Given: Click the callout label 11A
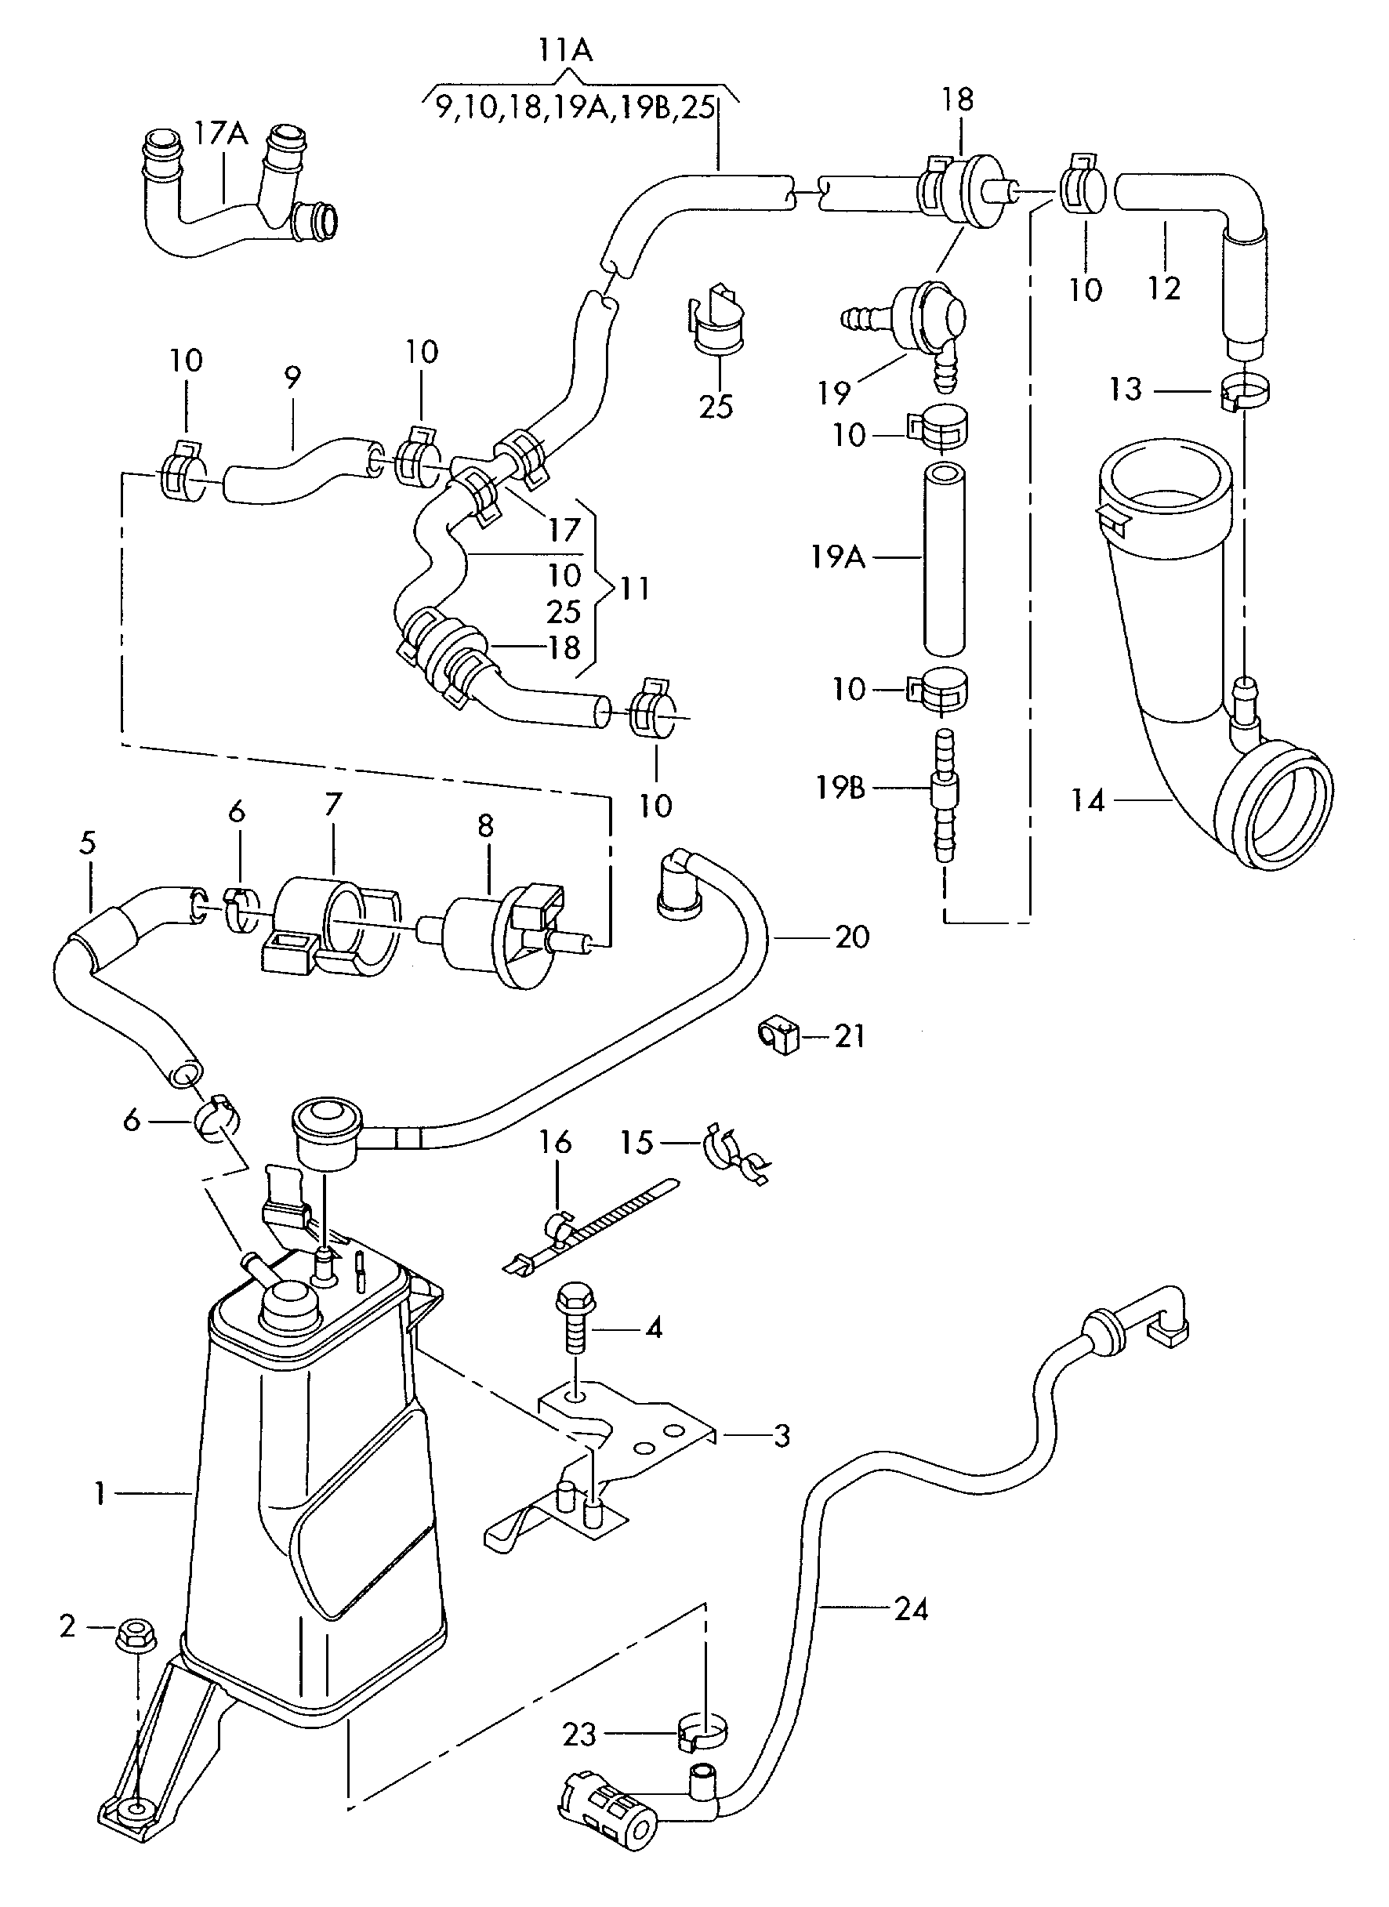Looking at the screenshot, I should [565, 51].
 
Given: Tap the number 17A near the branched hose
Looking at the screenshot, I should [221, 132].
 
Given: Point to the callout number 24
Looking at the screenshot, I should [911, 1609].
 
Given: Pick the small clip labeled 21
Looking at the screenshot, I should [778, 1036].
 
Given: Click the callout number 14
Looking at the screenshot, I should [1087, 800].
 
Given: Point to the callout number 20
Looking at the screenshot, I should [851, 937].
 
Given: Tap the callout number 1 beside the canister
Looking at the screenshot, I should [100, 1493].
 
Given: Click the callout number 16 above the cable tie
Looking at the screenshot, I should [555, 1142].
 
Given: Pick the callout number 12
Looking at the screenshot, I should [1164, 288].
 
